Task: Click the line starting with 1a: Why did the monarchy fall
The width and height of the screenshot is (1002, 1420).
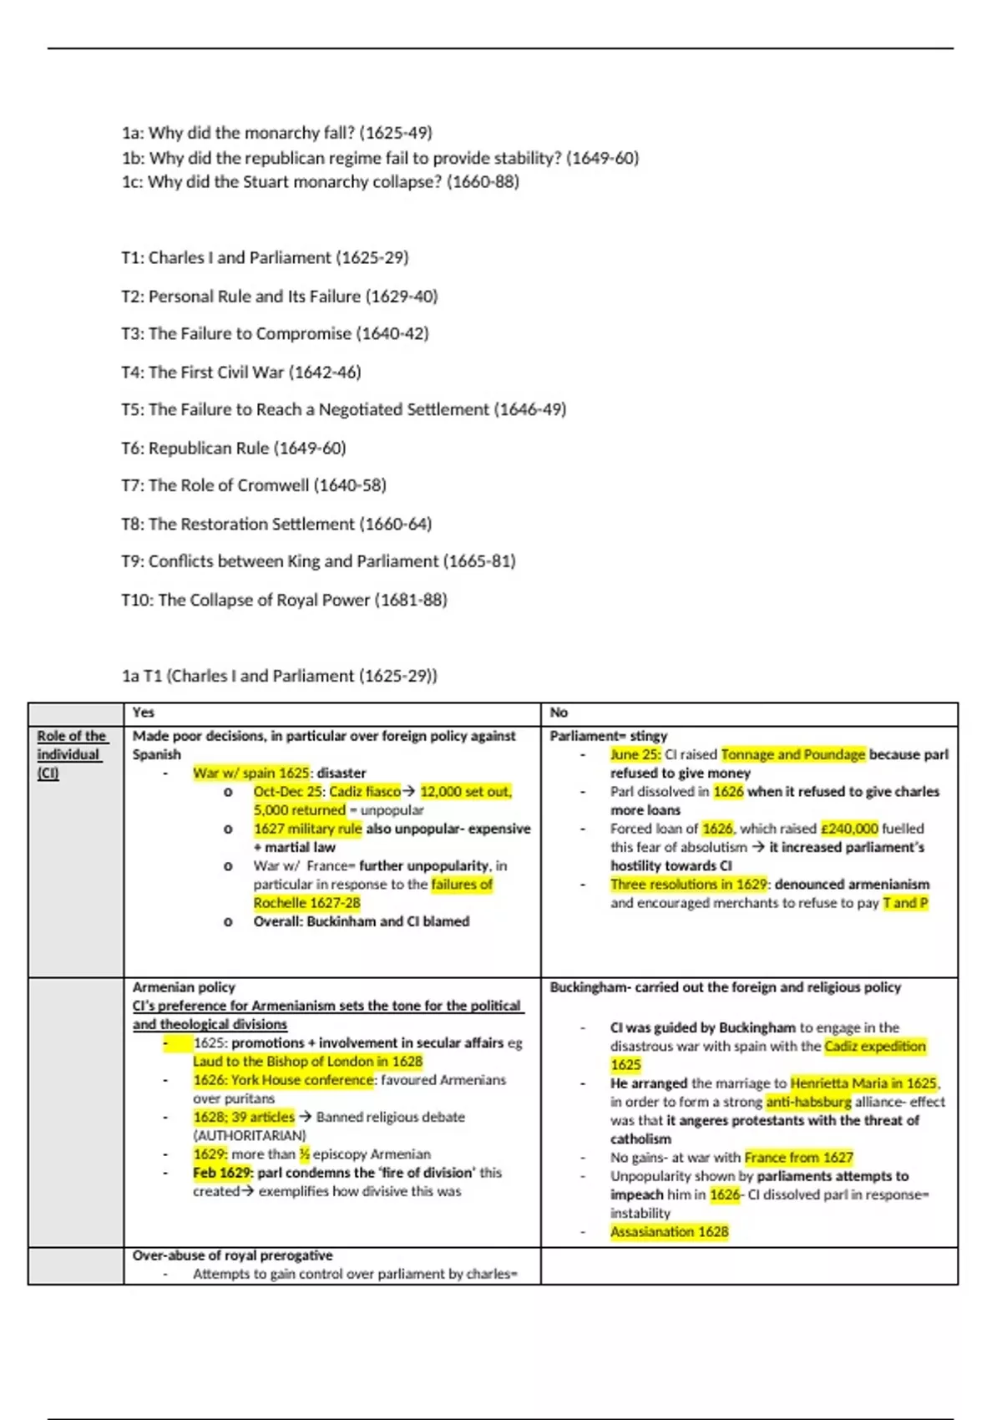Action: point(276,133)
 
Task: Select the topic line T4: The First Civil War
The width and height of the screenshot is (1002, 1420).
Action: point(240,372)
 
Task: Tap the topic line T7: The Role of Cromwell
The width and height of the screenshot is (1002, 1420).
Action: point(253,485)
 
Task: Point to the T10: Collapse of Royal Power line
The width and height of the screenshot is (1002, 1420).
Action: point(284,600)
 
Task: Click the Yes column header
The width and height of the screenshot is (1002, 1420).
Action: point(144,713)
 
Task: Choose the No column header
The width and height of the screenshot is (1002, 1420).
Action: point(559,713)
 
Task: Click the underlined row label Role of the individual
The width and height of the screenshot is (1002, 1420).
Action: point(71,754)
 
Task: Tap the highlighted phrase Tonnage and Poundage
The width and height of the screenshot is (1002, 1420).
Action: point(793,754)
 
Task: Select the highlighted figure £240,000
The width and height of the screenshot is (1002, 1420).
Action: point(849,829)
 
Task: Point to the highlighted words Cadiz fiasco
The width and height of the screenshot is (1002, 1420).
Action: point(365,791)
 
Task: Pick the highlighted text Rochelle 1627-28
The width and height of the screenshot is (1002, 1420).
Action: point(307,902)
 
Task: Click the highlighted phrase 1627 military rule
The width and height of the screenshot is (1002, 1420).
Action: point(307,829)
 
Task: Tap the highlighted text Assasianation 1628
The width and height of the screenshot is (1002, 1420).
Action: point(669,1231)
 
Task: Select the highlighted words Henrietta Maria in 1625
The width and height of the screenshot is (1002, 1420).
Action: point(864,1083)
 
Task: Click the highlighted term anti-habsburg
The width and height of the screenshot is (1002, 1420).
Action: point(808,1102)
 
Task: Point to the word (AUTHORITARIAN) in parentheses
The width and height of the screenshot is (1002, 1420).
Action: point(250,1135)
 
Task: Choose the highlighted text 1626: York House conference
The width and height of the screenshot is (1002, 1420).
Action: point(284,1079)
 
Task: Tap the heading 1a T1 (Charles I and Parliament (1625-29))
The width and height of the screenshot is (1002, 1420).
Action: point(279,676)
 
